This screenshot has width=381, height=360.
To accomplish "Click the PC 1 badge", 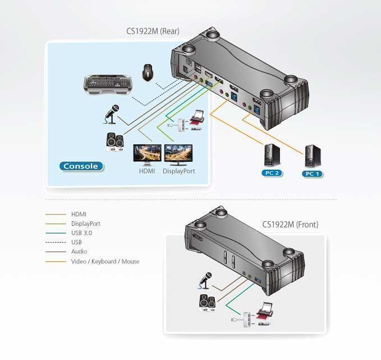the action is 312,174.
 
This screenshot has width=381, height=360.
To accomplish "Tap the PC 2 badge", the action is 272,173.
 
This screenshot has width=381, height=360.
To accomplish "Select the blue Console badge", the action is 81,166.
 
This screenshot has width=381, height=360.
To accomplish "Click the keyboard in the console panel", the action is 108,84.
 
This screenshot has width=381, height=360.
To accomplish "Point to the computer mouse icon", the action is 148,72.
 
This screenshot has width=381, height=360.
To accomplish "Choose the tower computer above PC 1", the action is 313,156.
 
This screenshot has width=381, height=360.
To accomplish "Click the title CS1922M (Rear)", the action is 153,31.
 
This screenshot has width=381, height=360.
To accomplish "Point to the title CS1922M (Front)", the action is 290,224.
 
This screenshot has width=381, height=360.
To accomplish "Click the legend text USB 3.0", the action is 82,233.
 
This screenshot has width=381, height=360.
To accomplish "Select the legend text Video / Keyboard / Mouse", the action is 105,262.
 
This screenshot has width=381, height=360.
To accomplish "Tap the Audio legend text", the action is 79,252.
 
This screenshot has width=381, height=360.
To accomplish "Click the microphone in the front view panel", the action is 205,281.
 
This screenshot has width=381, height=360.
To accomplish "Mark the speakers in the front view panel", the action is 207,303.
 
